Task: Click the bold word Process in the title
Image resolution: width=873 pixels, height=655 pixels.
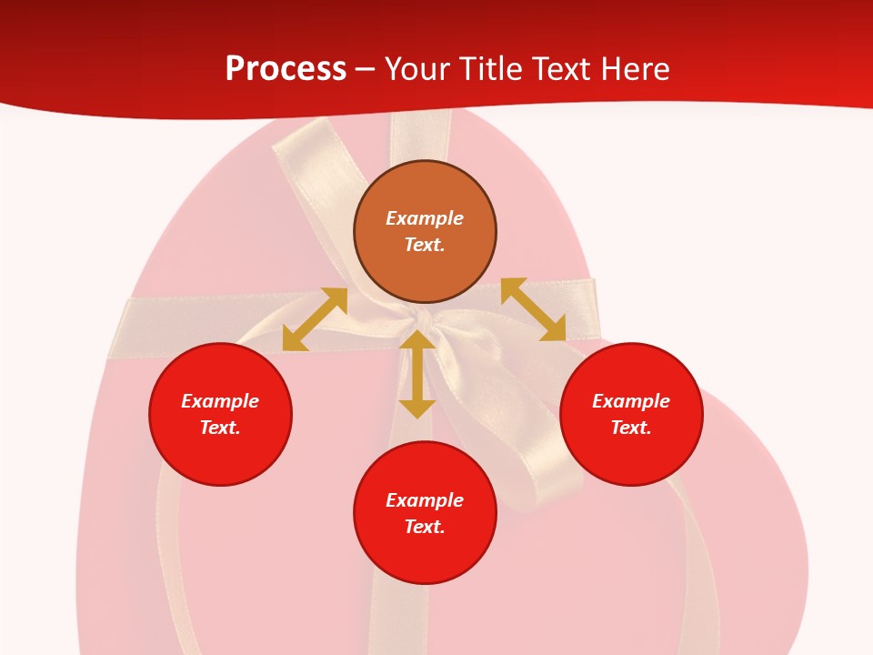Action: (286, 69)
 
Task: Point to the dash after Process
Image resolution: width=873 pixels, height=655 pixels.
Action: (366, 70)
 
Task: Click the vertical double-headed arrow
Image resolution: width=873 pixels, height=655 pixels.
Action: (417, 374)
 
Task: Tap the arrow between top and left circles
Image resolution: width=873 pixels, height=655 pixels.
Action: (315, 319)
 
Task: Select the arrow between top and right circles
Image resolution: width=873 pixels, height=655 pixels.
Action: (533, 309)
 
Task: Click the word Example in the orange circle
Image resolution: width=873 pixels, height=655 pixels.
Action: (425, 218)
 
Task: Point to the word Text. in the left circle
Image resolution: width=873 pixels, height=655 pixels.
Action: (220, 428)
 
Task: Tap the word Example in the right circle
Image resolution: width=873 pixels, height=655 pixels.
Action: (631, 401)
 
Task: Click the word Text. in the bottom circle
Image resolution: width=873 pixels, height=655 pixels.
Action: (425, 527)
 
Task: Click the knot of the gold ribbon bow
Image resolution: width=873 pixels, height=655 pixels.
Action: (420, 318)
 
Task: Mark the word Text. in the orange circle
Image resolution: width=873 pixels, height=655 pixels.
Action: (425, 245)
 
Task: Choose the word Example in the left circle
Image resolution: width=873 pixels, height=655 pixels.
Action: (220, 401)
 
